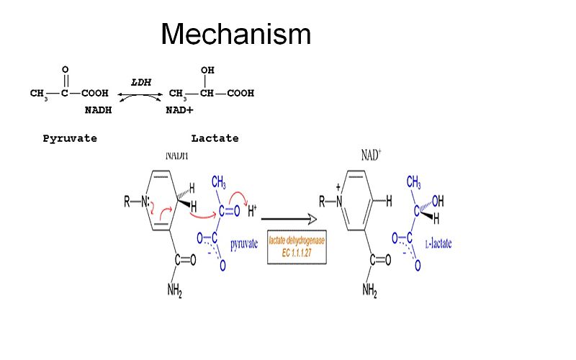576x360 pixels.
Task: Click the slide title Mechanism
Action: pos(236,34)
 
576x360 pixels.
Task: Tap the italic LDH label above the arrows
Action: pos(141,82)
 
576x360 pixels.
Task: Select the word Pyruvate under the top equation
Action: pos(70,138)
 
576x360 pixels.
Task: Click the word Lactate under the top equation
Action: pos(215,138)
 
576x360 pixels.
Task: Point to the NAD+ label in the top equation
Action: pos(180,110)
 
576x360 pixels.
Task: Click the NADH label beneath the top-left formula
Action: pos(98,110)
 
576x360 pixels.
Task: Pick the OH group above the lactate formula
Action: pos(207,70)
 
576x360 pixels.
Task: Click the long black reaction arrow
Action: pos(289,217)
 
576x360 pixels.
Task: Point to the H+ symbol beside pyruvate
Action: pos(253,212)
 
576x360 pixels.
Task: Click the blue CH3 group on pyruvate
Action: pos(219,185)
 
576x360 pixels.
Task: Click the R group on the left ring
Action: pos(127,203)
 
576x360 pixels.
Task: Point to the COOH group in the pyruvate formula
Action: pos(94,93)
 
